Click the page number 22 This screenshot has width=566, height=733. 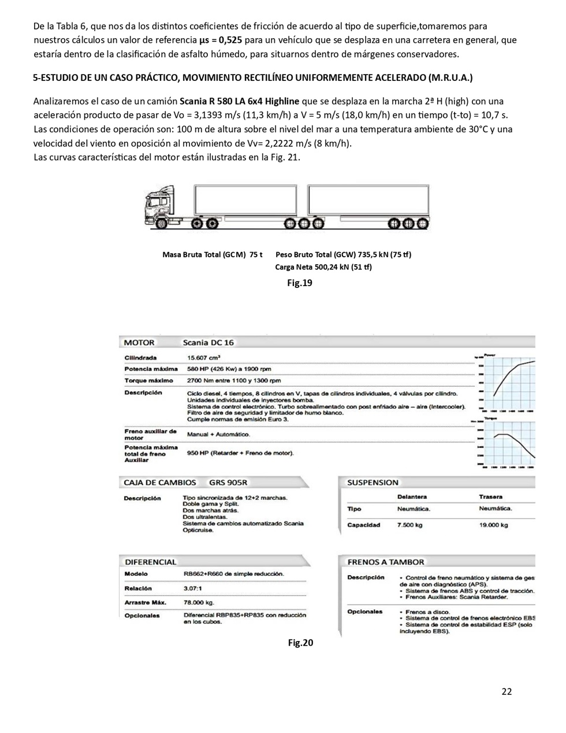507,691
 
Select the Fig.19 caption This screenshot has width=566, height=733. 300,283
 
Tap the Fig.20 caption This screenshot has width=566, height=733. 300,642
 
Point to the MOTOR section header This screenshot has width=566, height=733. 139,342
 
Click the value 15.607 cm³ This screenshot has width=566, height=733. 204,358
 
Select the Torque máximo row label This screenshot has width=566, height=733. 148,380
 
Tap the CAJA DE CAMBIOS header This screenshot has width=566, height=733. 160,482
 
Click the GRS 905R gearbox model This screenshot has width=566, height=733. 228,482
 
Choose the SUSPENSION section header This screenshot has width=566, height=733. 373,482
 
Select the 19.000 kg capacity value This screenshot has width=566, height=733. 493,525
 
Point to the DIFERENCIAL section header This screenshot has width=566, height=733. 151,561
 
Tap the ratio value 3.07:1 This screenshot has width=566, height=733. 192,588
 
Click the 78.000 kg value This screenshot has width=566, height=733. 199,602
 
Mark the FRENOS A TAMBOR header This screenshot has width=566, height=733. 385,561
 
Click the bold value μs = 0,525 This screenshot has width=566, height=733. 221,40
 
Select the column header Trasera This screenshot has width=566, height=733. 490,497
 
